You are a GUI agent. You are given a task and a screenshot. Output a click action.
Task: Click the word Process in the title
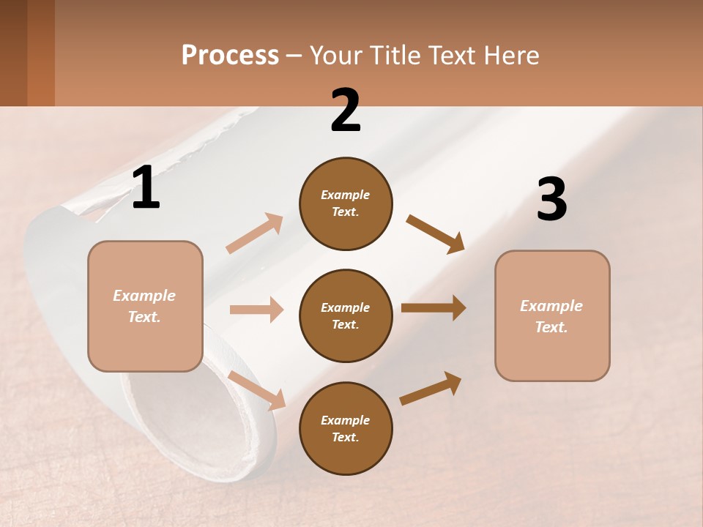230,56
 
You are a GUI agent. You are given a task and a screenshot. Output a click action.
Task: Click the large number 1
146,188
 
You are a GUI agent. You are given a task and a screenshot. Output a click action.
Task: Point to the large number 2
346,111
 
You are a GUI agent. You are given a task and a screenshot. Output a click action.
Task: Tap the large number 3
551,200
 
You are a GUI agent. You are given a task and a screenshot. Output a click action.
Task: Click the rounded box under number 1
145,306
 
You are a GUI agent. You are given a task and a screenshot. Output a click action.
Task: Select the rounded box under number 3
552,315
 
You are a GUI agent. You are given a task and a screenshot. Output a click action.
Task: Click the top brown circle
346,203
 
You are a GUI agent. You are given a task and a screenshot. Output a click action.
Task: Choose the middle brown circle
346,315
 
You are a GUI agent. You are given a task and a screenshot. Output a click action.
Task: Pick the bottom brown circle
346,428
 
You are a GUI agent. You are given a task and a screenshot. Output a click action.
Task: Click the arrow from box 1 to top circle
254,233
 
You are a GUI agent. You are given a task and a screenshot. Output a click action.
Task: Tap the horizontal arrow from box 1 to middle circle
256,310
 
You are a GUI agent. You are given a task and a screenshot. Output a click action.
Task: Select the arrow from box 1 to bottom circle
257,390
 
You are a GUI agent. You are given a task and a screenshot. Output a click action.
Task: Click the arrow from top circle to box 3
435,234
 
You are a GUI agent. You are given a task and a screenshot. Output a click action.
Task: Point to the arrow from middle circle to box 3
433,308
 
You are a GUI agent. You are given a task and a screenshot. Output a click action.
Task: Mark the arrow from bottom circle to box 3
431,388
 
